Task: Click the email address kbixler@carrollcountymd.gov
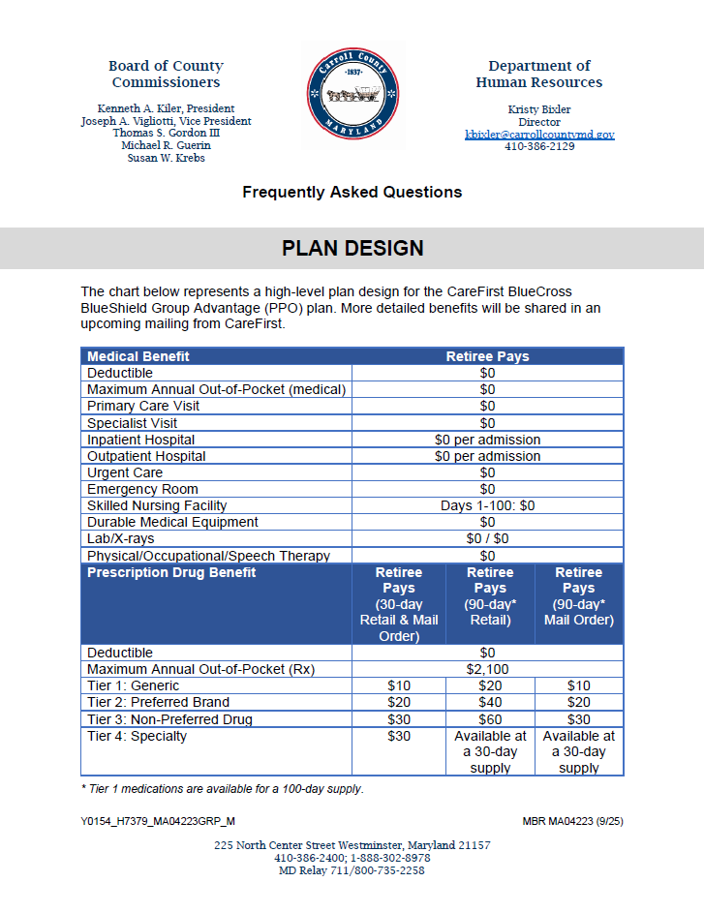click(x=539, y=135)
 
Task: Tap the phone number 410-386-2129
click(x=539, y=147)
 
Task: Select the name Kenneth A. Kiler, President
click(x=166, y=108)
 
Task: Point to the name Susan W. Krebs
click(x=166, y=158)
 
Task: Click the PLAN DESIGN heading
click(x=352, y=249)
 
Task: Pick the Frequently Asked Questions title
click(x=352, y=192)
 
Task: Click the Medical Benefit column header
click(x=138, y=356)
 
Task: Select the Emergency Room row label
click(x=142, y=489)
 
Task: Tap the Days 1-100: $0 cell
click(x=487, y=505)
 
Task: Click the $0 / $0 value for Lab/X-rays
click(x=487, y=538)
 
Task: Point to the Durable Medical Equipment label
click(x=172, y=522)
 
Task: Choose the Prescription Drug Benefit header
click(x=171, y=572)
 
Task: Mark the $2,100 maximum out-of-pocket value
click(x=487, y=669)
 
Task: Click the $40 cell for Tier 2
click(x=489, y=702)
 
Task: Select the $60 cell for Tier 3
click(x=489, y=719)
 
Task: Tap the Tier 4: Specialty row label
click(x=138, y=736)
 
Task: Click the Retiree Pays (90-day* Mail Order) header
click(x=578, y=596)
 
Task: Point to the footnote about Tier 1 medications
click(x=223, y=789)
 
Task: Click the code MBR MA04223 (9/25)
click(x=572, y=821)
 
